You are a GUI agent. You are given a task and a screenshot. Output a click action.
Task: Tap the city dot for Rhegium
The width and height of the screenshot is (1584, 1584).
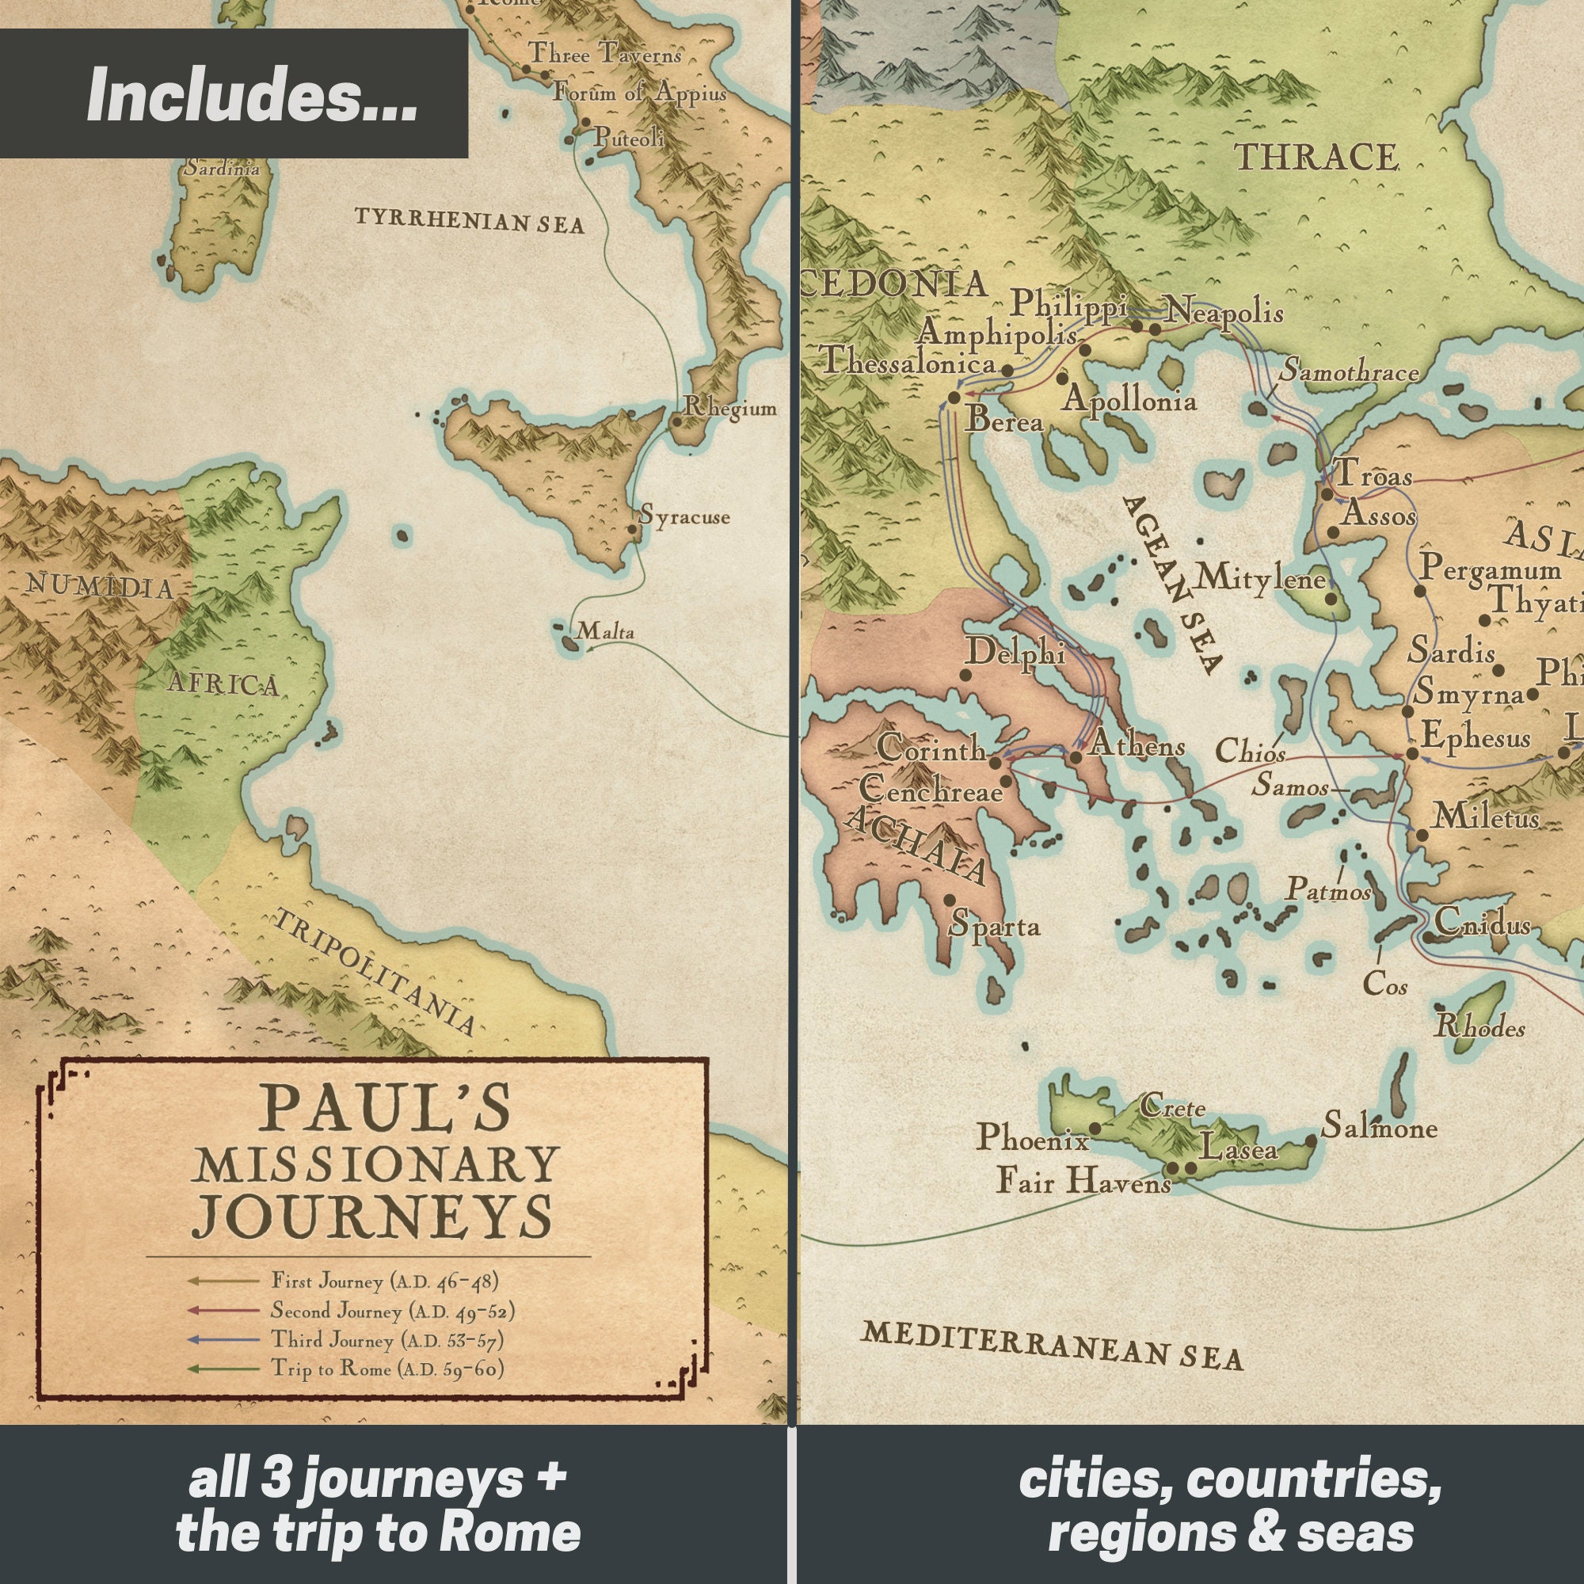[x=676, y=422]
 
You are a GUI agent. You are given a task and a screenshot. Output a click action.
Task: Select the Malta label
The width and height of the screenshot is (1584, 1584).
[x=605, y=631]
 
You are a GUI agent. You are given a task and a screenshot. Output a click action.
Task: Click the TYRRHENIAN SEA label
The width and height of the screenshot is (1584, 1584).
[x=469, y=220]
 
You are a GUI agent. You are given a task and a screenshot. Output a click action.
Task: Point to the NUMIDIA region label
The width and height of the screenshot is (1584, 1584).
[x=99, y=586]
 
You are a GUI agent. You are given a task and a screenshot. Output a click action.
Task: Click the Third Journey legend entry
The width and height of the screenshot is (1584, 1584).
[x=387, y=1340]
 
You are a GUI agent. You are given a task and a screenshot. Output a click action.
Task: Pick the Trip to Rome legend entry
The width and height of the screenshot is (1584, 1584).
[x=387, y=1369]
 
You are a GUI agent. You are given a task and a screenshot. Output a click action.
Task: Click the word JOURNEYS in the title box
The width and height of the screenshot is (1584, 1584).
[x=372, y=1217]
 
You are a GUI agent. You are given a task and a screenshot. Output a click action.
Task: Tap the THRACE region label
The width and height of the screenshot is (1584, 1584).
[x=1316, y=158]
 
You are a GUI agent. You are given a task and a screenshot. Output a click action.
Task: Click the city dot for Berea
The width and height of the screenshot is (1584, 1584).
[x=954, y=398]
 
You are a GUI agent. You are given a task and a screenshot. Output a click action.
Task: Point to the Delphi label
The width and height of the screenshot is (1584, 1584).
[x=1015, y=652]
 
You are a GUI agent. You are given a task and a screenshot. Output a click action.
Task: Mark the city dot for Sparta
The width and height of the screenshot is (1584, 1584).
[x=950, y=901]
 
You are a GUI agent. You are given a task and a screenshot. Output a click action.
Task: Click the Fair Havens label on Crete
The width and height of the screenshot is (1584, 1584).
[x=1083, y=1182]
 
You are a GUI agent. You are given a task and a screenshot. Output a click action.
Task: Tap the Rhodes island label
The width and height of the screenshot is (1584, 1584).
[x=1480, y=1027]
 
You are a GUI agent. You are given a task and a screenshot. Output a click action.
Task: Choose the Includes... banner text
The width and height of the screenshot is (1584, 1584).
[x=252, y=95]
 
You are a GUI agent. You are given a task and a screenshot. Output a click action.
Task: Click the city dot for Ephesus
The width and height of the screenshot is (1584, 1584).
[x=1413, y=753]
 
